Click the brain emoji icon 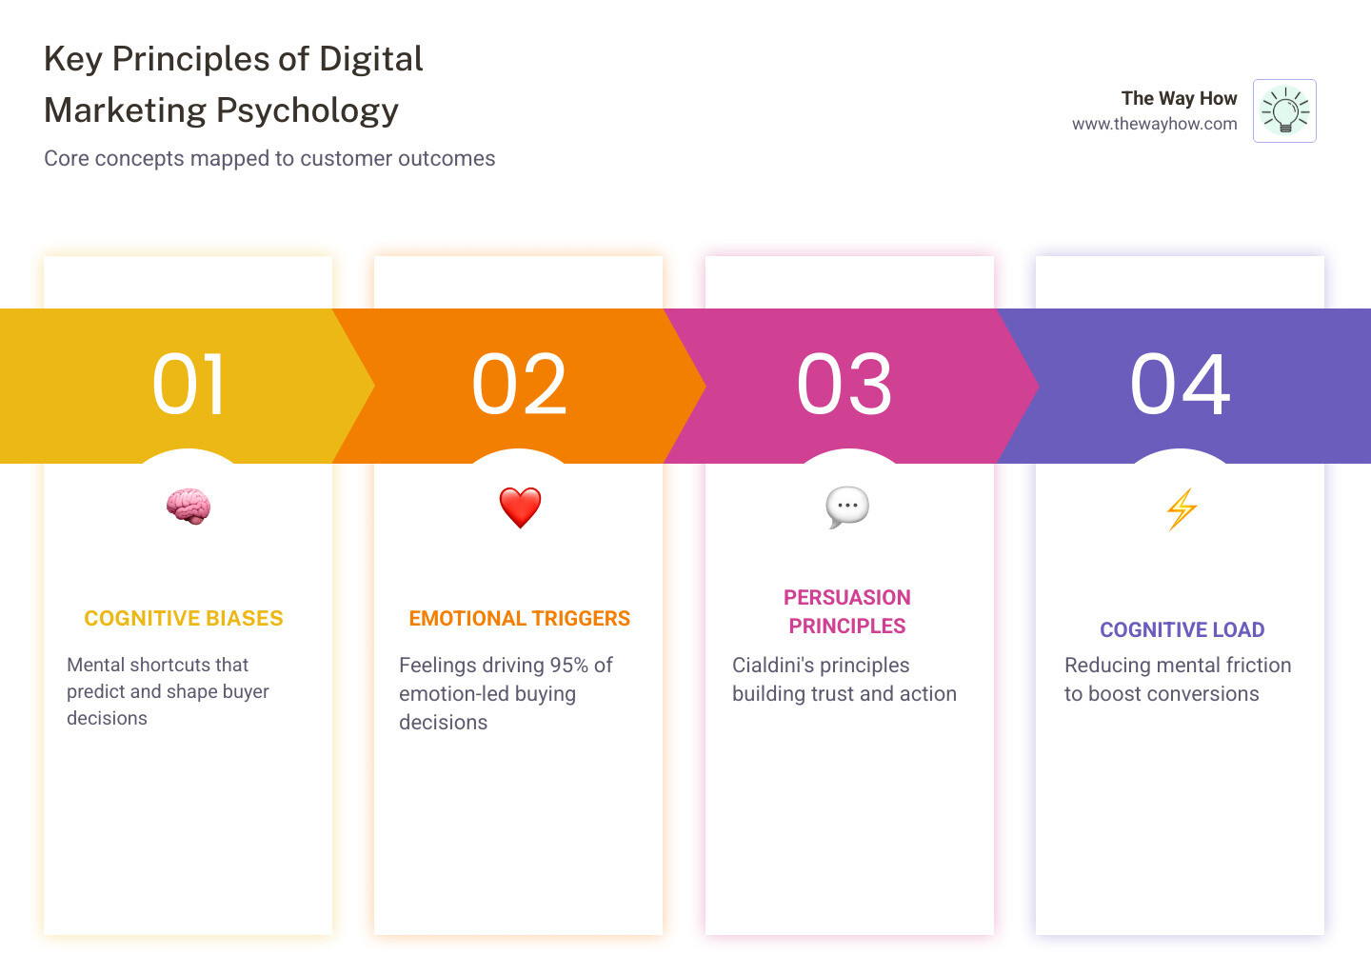pos(188,507)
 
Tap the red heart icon pos(520,507)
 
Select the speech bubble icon pos(847,507)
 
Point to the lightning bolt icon pos(1182,508)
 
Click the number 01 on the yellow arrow pos(189,385)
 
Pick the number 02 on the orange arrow pos(520,385)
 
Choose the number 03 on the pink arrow pos(845,385)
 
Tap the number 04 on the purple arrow pos(1181,385)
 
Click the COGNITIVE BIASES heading pos(184,619)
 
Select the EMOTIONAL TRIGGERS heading pos(520,619)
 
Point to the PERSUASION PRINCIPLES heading pos(847,611)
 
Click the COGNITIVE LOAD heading pos(1182,630)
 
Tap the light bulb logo pos(1284,111)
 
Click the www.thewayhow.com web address pos(1154,124)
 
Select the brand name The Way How pos(1179,98)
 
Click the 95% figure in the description pos(568,666)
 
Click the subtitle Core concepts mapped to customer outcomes pos(269,159)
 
